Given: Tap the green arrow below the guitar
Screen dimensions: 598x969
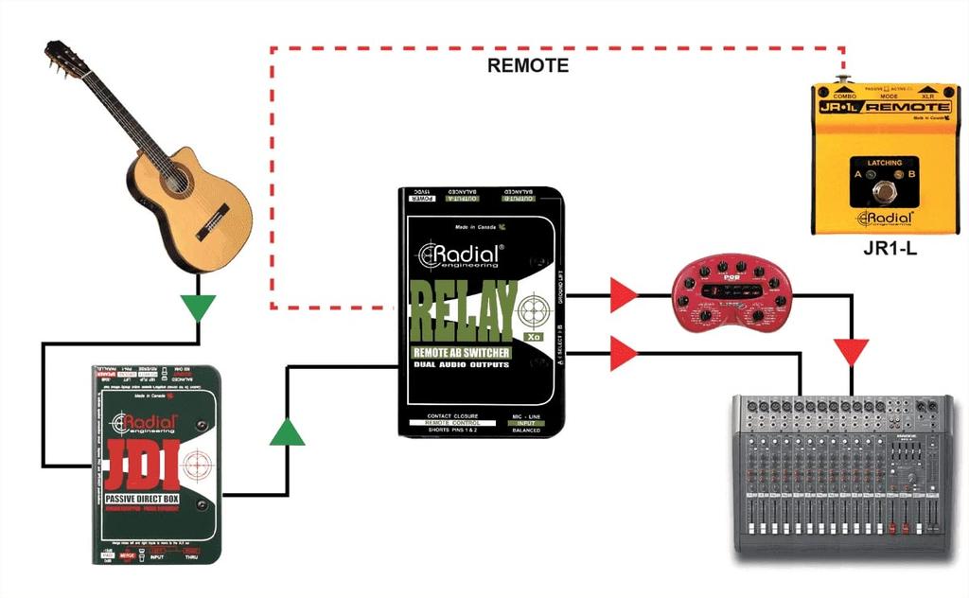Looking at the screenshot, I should (199, 307).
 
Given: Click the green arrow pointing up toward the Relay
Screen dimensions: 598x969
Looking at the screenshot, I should (287, 432).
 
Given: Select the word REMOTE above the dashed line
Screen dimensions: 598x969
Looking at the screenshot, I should (528, 65).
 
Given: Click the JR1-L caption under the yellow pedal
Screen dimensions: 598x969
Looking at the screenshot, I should (884, 251).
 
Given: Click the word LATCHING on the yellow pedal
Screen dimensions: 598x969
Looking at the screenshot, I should (885, 164).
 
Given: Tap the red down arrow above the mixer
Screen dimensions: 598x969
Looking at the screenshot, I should (852, 352).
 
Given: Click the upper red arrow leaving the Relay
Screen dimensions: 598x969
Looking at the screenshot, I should (624, 294).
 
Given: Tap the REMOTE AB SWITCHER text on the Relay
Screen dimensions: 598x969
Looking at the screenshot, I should (461, 353).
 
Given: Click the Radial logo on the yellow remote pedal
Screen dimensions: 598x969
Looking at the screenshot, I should (885, 220).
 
